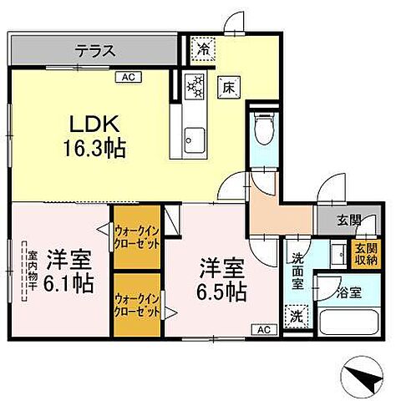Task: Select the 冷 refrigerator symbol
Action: click(203, 49)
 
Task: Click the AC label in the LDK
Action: click(129, 77)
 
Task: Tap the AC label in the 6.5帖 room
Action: click(262, 329)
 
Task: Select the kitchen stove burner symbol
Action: click(195, 86)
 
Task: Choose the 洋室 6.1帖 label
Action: click(66, 270)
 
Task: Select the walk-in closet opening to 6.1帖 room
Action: click(137, 237)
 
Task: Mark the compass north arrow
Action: click(364, 380)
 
